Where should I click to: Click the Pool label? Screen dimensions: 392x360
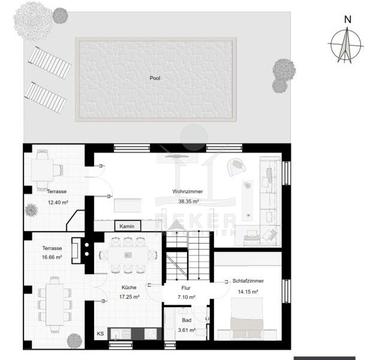click(155, 78)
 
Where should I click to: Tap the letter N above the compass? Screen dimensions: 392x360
click(348, 20)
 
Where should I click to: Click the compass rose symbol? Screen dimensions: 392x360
click(346, 45)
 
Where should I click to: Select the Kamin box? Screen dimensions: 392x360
click(127, 226)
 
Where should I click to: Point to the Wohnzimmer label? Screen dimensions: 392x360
click(188, 191)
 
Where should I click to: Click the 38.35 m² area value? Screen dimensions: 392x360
click(188, 201)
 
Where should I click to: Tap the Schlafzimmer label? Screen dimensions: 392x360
click(248, 281)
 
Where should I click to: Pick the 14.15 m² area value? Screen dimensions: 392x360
click(248, 292)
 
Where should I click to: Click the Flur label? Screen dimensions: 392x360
click(186, 288)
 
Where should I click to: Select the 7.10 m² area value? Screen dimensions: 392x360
click(187, 297)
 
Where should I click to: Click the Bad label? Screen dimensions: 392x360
click(187, 320)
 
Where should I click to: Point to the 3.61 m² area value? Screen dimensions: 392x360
click(187, 330)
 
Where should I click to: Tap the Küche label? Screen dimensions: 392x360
click(129, 287)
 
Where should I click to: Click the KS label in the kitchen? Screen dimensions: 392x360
click(100, 334)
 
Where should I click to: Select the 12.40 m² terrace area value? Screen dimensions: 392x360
click(58, 202)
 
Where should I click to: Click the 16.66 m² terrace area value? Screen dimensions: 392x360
click(52, 257)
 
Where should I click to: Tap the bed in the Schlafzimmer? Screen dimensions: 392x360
click(247, 319)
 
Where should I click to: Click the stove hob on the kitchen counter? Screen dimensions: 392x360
click(150, 334)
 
